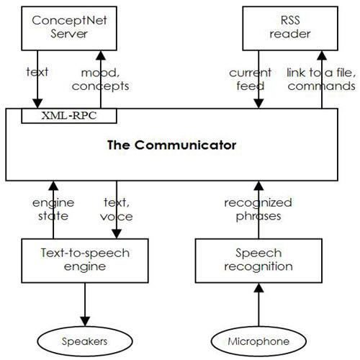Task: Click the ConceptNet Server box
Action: pos(69,28)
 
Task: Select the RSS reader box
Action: pos(290,28)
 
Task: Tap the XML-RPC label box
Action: pos(69,116)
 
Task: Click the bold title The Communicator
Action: pos(171,145)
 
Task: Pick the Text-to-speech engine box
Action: pos(85,261)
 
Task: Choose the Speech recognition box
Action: pos(258,261)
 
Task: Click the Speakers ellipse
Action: pos(85,341)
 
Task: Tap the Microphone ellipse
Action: pos(258,341)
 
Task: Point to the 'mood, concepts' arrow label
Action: pos(100,79)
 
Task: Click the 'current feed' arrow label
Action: pos(250,79)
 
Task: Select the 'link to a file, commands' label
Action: pos(321,79)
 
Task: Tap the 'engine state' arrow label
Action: pos(53,210)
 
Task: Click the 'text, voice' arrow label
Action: pos(117,210)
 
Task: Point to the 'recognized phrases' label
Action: pos(258,210)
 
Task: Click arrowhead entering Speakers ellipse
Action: pos(85,322)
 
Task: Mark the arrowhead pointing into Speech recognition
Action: pos(258,287)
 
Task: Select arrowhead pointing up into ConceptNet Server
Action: pos(101,55)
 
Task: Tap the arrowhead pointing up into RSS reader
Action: pos(322,55)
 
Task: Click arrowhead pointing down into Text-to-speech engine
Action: pos(117,234)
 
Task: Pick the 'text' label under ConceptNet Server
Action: pos(37,72)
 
